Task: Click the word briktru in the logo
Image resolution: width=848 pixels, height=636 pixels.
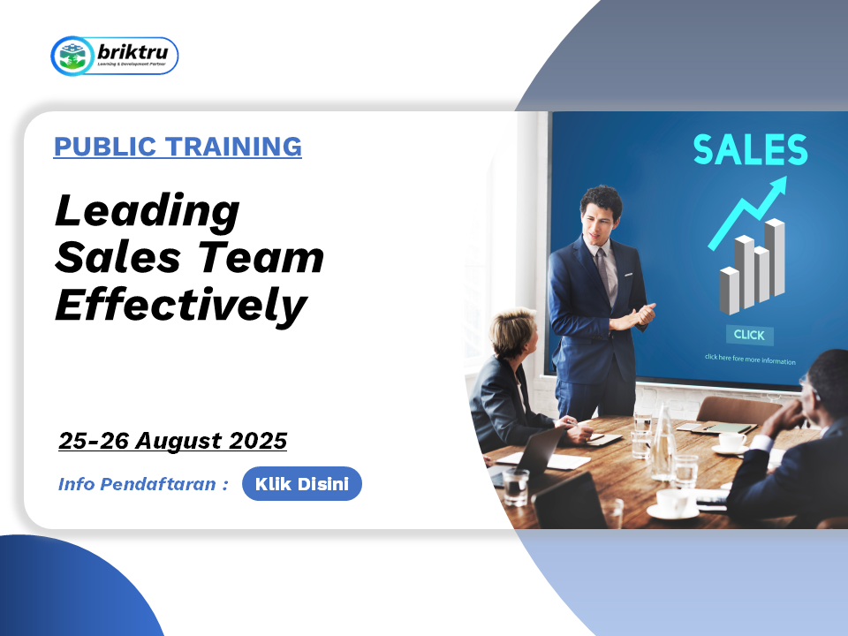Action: (x=132, y=52)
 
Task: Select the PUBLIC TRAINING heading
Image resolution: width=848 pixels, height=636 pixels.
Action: (x=178, y=147)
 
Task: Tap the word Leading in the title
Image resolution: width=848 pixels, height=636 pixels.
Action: (x=148, y=211)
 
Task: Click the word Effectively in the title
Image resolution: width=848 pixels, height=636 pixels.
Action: (x=181, y=305)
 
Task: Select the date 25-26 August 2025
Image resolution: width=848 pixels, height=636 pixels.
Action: (x=172, y=441)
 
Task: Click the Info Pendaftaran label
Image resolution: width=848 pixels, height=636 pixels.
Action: (x=143, y=483)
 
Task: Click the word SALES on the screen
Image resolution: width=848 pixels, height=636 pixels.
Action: (x=750, y=149)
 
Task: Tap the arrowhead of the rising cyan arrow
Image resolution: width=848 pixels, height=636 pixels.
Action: (x=777, y=187)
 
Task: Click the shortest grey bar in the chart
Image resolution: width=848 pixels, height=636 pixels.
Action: (x=729, y=291)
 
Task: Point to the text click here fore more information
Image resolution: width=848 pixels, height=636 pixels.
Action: (x=750, y=360)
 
